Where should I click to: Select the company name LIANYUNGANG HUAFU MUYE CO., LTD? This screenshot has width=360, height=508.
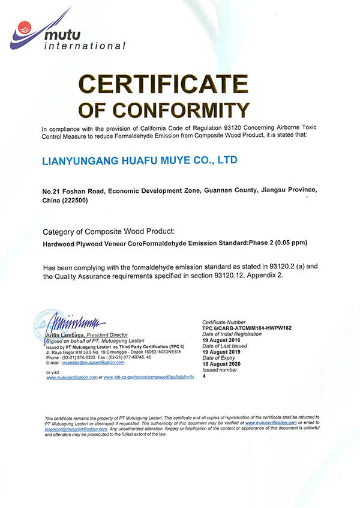(x=140, y=160)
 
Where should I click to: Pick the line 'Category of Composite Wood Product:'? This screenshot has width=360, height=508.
(x=109, y=232)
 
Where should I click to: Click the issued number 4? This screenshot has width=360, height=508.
(x=205, y=376)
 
